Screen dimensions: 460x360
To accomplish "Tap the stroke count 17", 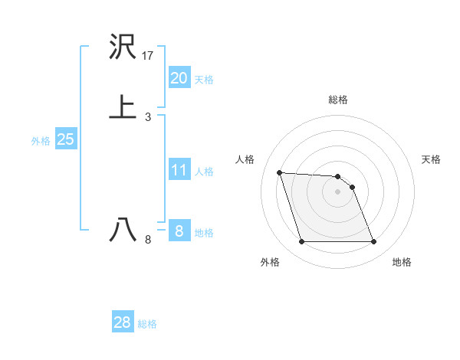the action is click(x=148, y=56).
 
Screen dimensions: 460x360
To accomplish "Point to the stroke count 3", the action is click(x=148, y=116).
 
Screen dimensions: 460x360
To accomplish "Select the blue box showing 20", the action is click(x=179, y=77).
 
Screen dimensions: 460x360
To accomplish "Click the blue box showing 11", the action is click(x=179, y=170).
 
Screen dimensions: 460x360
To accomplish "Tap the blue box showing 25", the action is click(x=65, y=139).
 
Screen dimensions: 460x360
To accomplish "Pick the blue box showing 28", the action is click(x=123, y=322).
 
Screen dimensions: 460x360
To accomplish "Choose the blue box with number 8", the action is click(x=179, y=231).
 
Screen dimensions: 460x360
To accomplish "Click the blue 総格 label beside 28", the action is click(x=147, y=324).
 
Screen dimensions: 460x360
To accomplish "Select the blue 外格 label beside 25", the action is click(x=41, y=141).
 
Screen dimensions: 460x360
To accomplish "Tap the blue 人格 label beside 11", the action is click(x=204, y=172).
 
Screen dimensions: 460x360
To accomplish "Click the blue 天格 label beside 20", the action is click(x=204, y=79).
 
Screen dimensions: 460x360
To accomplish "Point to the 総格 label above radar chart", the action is click(x=338, y=100).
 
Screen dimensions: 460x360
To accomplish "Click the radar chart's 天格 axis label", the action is click(x=431, y=159).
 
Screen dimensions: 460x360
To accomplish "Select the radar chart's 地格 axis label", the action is click(x=402, y=262).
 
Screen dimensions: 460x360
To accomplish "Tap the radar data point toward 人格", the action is click(x=279, y=172).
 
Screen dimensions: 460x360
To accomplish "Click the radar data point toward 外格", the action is click(x=301, y=242).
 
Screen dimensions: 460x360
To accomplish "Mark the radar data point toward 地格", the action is click(x=373, y=242).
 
